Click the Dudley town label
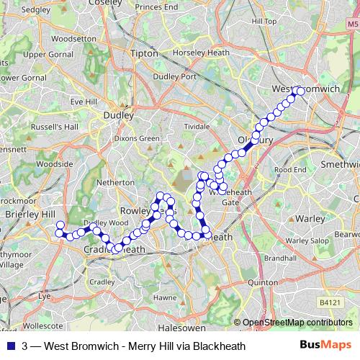119,114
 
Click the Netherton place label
115,183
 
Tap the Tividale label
197,125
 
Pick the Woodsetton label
69,38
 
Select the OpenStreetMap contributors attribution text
297,323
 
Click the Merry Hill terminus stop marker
60,225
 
